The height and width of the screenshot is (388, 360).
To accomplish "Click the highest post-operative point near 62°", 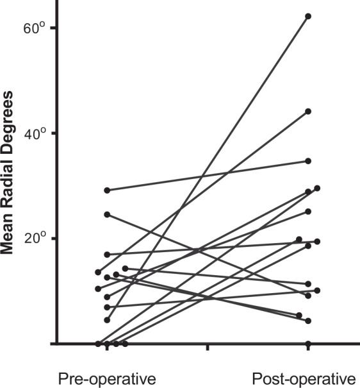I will [308, 16].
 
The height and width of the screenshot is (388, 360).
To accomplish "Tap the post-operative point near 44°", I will [308, 112].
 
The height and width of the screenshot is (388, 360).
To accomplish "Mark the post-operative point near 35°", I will [308, 161].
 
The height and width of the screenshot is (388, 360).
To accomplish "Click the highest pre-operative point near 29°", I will [107, 190].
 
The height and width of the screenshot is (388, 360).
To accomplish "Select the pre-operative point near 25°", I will [107, 214].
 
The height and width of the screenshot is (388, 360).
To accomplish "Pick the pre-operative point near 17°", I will [107, 255].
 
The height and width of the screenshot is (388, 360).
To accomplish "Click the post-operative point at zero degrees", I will [308, 344].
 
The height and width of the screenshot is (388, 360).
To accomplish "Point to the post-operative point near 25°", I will [308, 212].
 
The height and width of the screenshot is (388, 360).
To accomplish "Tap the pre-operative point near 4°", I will [107, 320].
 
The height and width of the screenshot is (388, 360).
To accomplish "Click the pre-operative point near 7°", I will [107, 307].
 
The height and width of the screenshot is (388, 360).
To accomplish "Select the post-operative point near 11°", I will [308, 284].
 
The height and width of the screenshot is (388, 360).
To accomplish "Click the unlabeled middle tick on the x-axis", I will [208, 347].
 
